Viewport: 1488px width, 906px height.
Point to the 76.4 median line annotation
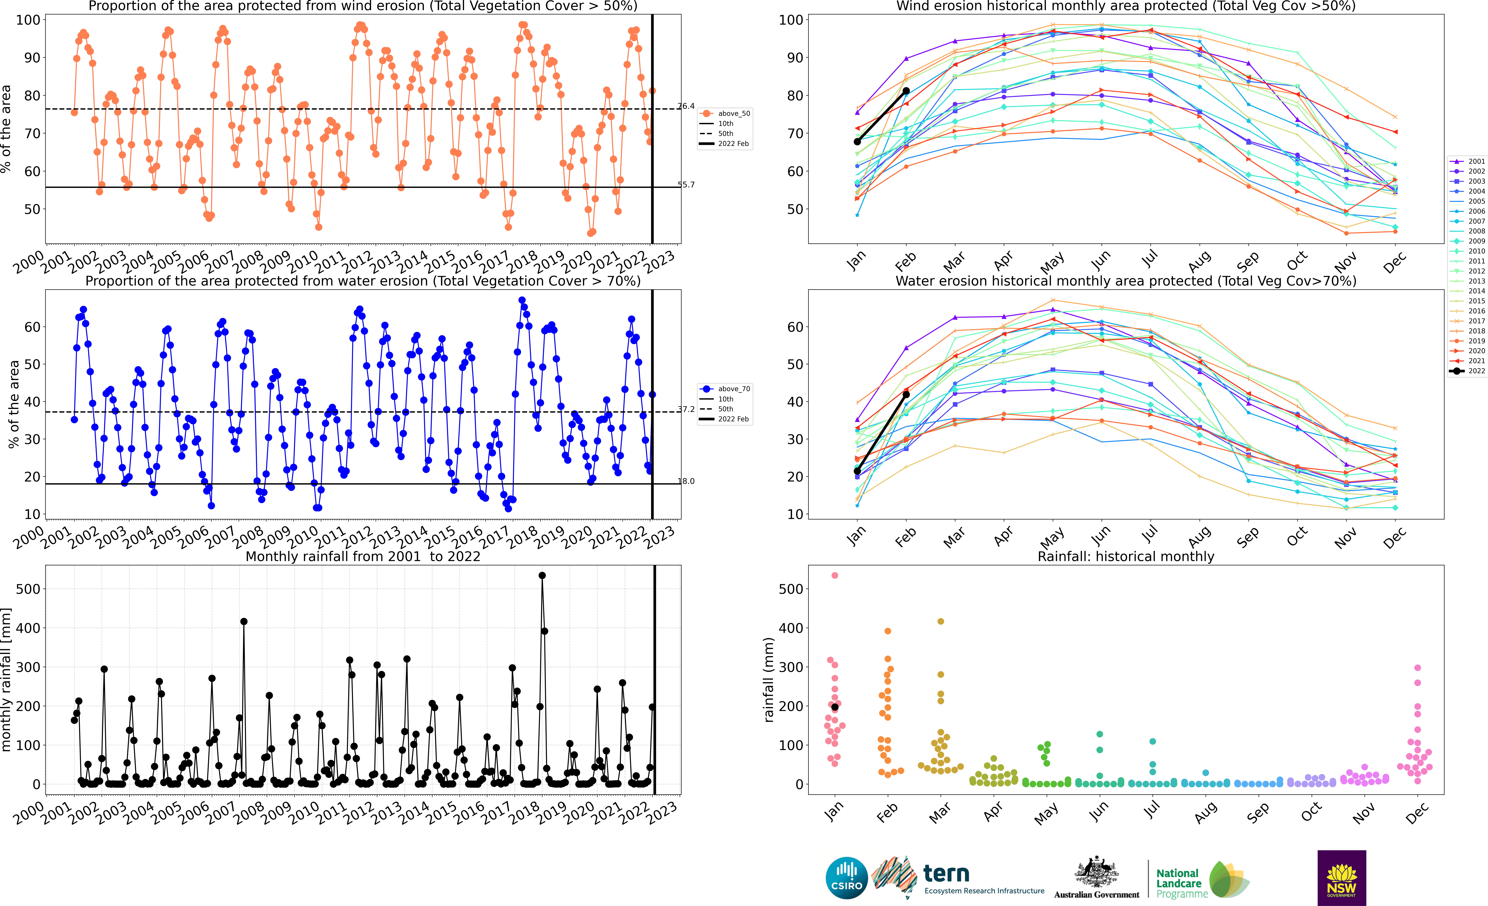pyautogui.click(x=686, y=106)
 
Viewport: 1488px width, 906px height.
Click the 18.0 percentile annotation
pyautogui.click(x=686, y=481)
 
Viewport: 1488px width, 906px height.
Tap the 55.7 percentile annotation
pyautogui.click(x=686, y=185)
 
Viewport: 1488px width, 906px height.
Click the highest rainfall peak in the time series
pyautogui.click(x=542, y=576)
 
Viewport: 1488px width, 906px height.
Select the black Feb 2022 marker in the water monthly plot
pyautogui.click(x=906, y=394)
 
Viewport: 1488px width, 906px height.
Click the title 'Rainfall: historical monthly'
pyautogui.click(x=1126, y=556)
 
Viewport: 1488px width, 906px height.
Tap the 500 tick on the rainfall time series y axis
pyautogui.click(x=28, y=589)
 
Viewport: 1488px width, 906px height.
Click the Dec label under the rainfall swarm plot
pyautogui.click(x=1416, y=814)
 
